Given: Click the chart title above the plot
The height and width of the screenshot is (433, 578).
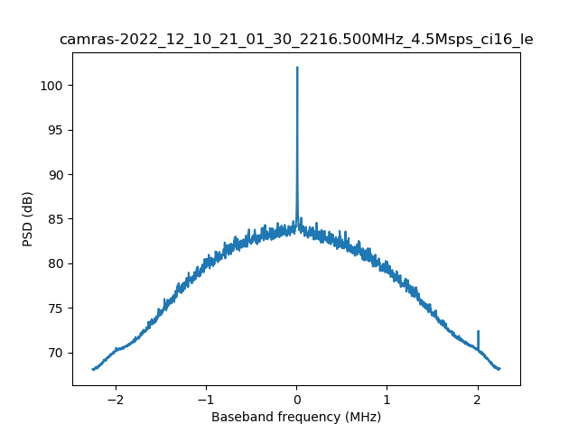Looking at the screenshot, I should (296, 40).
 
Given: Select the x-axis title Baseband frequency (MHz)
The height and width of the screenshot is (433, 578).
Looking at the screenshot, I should (296, 417).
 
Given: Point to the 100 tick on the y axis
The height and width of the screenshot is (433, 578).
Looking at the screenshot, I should (55, 86).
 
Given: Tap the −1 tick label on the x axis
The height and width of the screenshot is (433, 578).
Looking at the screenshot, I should (206, 399).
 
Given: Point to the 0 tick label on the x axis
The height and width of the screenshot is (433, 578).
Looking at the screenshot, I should (296, 399).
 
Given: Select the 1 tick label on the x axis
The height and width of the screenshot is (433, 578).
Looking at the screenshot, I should (387, 399).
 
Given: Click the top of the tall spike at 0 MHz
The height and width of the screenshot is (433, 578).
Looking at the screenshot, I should (297, 68).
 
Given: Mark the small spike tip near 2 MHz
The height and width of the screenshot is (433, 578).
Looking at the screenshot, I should (478, 331).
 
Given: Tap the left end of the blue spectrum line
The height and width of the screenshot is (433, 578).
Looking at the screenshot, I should (93, 369).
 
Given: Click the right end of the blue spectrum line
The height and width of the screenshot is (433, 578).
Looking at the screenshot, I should (499, 369).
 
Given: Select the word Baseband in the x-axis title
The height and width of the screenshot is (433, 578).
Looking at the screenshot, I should (239, 417).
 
